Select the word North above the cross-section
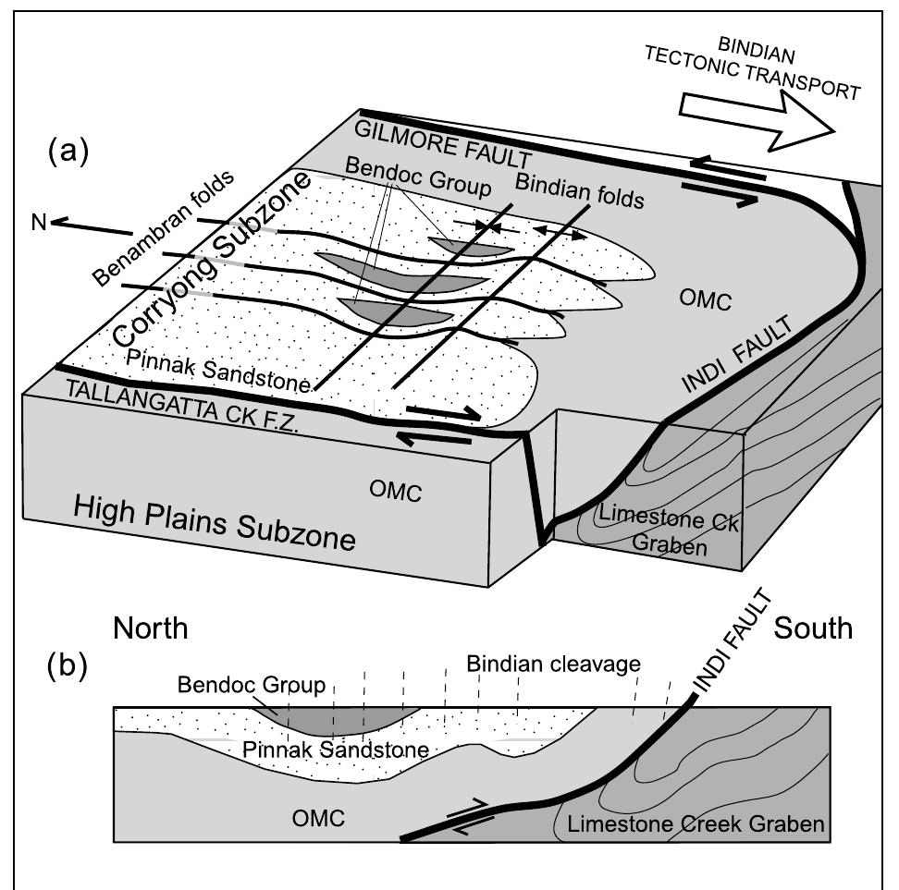150,629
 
